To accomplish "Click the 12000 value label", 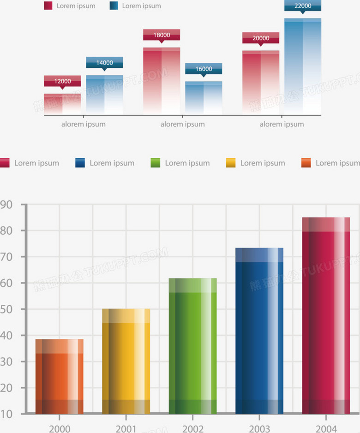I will (62, 81).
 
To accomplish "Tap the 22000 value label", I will (303, 6).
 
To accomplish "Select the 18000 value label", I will (162, 35).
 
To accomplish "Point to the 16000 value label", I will (204, 69).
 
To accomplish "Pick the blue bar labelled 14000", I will (104, 95).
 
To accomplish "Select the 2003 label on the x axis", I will (259, 429).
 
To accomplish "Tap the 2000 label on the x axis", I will (60, 429).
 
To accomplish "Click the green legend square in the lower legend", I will (156, 163).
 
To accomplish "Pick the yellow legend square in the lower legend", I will (231, 163).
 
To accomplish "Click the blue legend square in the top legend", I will (114, 6).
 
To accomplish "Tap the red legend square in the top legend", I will (48, 6).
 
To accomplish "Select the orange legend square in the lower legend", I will (306, 163).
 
